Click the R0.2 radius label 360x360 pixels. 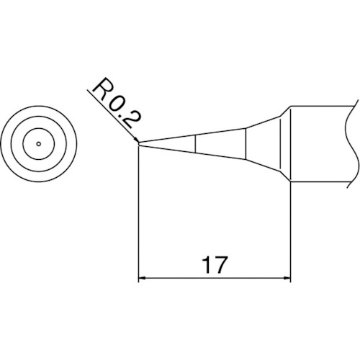117,110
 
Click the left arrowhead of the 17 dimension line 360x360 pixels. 143,278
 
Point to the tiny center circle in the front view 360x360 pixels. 37,144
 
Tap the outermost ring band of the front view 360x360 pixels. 11,144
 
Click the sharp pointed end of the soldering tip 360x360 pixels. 139,144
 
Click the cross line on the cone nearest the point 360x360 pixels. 196,144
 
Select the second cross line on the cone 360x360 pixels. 247,144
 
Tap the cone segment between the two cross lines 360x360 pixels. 222,144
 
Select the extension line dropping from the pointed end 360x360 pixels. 138,216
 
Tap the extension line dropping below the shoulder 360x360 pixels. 290,230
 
